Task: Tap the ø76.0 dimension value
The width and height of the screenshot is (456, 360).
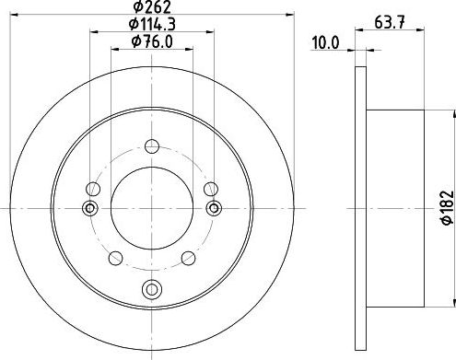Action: (152, 41)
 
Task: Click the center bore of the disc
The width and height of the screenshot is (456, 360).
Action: (152, 208)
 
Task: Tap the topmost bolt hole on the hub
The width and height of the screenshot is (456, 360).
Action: (152, 145)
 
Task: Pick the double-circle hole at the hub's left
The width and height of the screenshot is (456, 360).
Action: (90, 208)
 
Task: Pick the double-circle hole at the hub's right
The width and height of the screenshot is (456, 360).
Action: (214, 208)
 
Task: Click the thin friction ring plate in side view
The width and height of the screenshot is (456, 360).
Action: (358, 208)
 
